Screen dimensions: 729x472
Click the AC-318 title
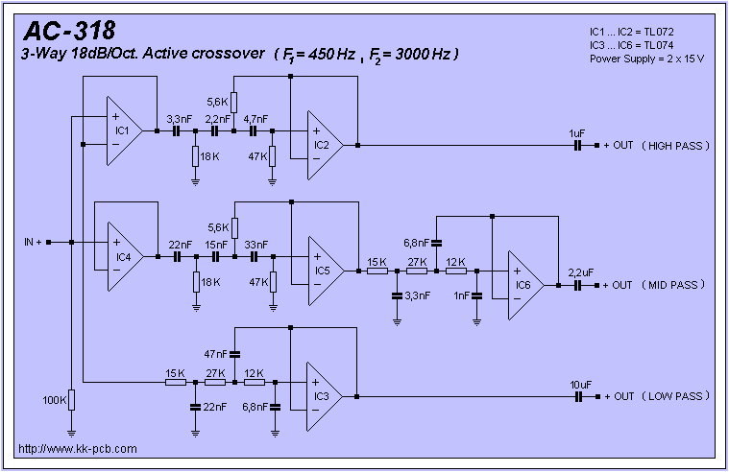(69, 32)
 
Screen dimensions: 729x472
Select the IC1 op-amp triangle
(125, 131)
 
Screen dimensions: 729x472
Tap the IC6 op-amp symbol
(525, 285)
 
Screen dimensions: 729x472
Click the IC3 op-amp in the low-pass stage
(324, 397)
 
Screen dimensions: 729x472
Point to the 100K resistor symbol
(71, 400)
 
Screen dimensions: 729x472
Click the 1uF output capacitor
(577, 146)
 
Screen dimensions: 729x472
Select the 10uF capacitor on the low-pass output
(578, 397)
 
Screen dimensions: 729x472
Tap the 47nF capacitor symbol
(234, 354)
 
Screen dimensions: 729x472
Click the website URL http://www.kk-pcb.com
(78, 449)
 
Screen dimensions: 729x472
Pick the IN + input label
(33, 242)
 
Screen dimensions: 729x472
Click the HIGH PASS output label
(675, 146)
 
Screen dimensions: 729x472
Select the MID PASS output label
(673, 285)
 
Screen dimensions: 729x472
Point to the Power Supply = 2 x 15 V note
(646, 59)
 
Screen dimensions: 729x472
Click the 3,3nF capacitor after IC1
(176, 131)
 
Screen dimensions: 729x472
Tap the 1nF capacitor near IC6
(476, 295)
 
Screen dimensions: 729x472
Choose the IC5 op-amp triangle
(327, 271)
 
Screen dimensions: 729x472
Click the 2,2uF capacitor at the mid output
(577, 285)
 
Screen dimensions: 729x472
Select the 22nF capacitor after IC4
(177, 257)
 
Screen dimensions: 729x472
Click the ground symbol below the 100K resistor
(71, 434)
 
